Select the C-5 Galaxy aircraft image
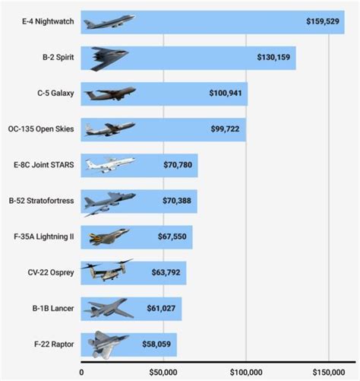point(109,93)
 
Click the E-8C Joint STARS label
point(43,165)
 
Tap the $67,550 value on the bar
point(171,237)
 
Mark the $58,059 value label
point(157,344)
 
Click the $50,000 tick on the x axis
point(162,372)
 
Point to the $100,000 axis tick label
point(245,372)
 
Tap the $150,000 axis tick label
point(327,372)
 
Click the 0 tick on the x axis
point(81,372)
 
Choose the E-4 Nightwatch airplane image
point(109,21)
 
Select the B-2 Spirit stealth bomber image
point(109,57)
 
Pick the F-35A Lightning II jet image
point(105,237)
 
